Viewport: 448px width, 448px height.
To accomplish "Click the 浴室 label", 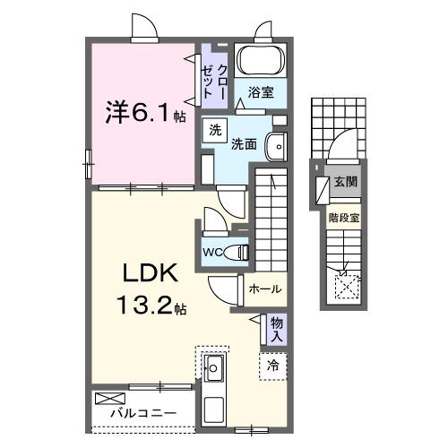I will point(262,92).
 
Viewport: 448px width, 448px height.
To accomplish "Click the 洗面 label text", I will point(245,142).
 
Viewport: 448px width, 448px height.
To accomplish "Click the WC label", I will point(212,252).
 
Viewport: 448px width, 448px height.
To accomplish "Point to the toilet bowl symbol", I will point(237,252).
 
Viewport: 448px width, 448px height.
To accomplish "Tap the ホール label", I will point(264,289).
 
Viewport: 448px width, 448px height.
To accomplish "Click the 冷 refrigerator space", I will point(273,366).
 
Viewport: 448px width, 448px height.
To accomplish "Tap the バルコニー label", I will point(143,415).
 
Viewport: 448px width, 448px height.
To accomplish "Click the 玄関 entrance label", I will point(345,182).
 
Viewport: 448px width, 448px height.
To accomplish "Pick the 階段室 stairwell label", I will point(344,216).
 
